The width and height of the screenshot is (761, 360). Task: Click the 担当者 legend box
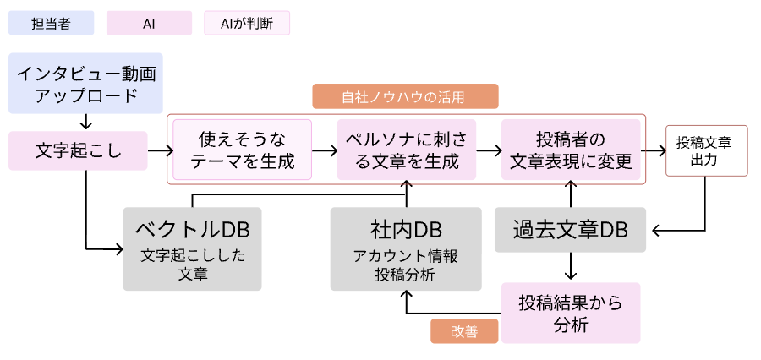click(x=51, y=23)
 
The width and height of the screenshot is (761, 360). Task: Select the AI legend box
click(x=149, y=23)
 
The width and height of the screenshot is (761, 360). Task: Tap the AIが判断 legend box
click(x=247, y=23)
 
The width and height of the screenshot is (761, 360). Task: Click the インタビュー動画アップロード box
click(x=85, y=85)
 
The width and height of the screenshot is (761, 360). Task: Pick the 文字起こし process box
click(x=78, y=150)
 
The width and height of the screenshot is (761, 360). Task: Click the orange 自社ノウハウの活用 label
click(x=405, y=96)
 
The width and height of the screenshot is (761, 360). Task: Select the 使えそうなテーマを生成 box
click(x=243, y=150)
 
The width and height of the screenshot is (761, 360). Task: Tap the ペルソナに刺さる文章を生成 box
click(x=407, y=150)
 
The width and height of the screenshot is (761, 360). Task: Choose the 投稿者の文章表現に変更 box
click(x=572, y=150)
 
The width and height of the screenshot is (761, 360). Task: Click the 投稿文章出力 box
click(x=707, y=150)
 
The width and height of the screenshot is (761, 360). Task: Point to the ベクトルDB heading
click(x=192, y=228)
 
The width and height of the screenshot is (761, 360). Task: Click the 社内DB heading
click(x=406, y=228)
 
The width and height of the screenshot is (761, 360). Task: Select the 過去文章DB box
click(x=571, y=229)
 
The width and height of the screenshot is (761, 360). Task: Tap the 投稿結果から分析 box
click(x=571, y=313)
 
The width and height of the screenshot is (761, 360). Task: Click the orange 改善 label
click(x=465, y=331)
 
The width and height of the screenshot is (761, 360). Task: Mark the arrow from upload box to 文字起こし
click(x=85, y=122)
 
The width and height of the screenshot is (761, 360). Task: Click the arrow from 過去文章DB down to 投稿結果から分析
click(x=571, y=266)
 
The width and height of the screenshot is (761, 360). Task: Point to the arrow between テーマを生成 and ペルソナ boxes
click(x=324, y=150)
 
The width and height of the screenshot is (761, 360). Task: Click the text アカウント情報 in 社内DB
click(x=406, y=257)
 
